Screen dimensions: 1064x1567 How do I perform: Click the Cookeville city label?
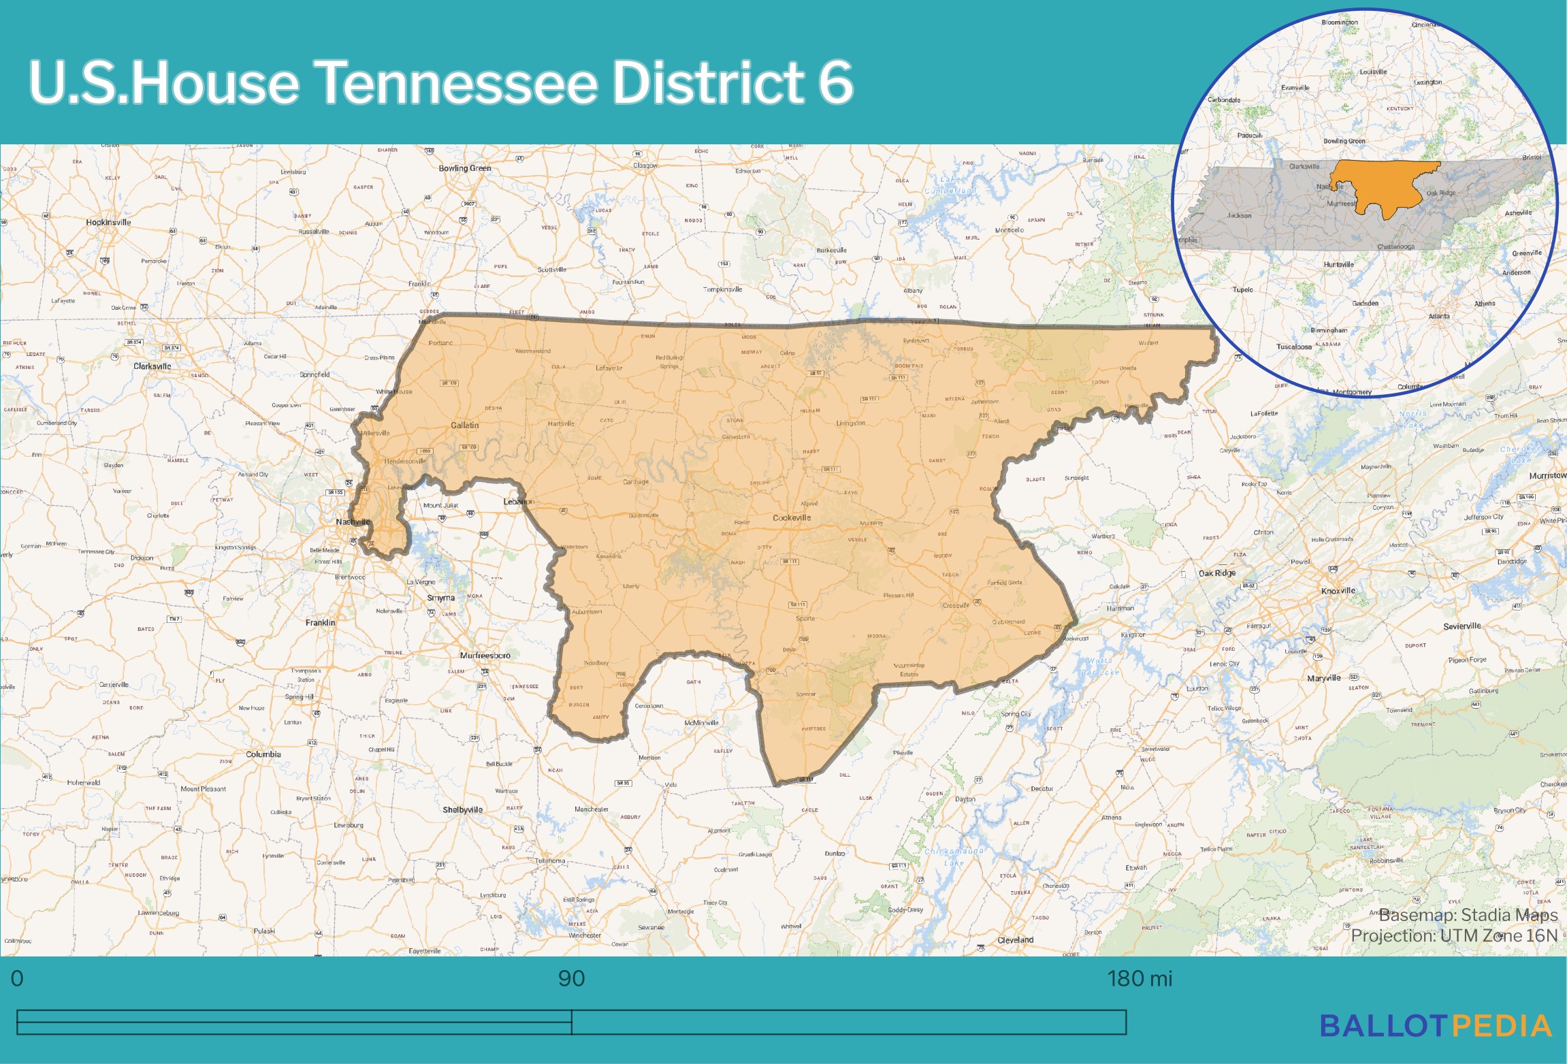tap(792, 518)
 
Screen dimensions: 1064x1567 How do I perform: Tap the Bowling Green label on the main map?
tap(464, 168)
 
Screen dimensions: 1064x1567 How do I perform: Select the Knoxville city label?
tap(1338, 591)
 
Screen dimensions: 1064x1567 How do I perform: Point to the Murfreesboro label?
tap(485, 656)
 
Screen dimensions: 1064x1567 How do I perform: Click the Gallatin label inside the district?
tap(464, 425)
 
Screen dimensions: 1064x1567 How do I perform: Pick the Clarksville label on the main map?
tap(152, 366)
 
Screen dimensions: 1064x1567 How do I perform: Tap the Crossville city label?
tap(955, 605)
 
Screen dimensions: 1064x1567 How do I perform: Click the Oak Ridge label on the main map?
tap(1216, 573)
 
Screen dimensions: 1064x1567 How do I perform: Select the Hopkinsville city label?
tap(108, 223)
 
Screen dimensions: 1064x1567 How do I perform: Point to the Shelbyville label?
tap(462, 810)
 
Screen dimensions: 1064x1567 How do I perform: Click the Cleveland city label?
tap(1015, 940)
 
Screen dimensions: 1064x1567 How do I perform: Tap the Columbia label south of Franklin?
tap(263, 754)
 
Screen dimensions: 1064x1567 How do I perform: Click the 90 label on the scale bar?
tap(571, 979)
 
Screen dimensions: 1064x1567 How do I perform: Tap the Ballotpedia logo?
tap(1436, 1027)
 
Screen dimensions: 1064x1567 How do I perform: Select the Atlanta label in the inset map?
tap(1438, 316)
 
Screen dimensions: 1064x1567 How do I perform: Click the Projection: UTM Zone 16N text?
tap(1453, 936)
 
